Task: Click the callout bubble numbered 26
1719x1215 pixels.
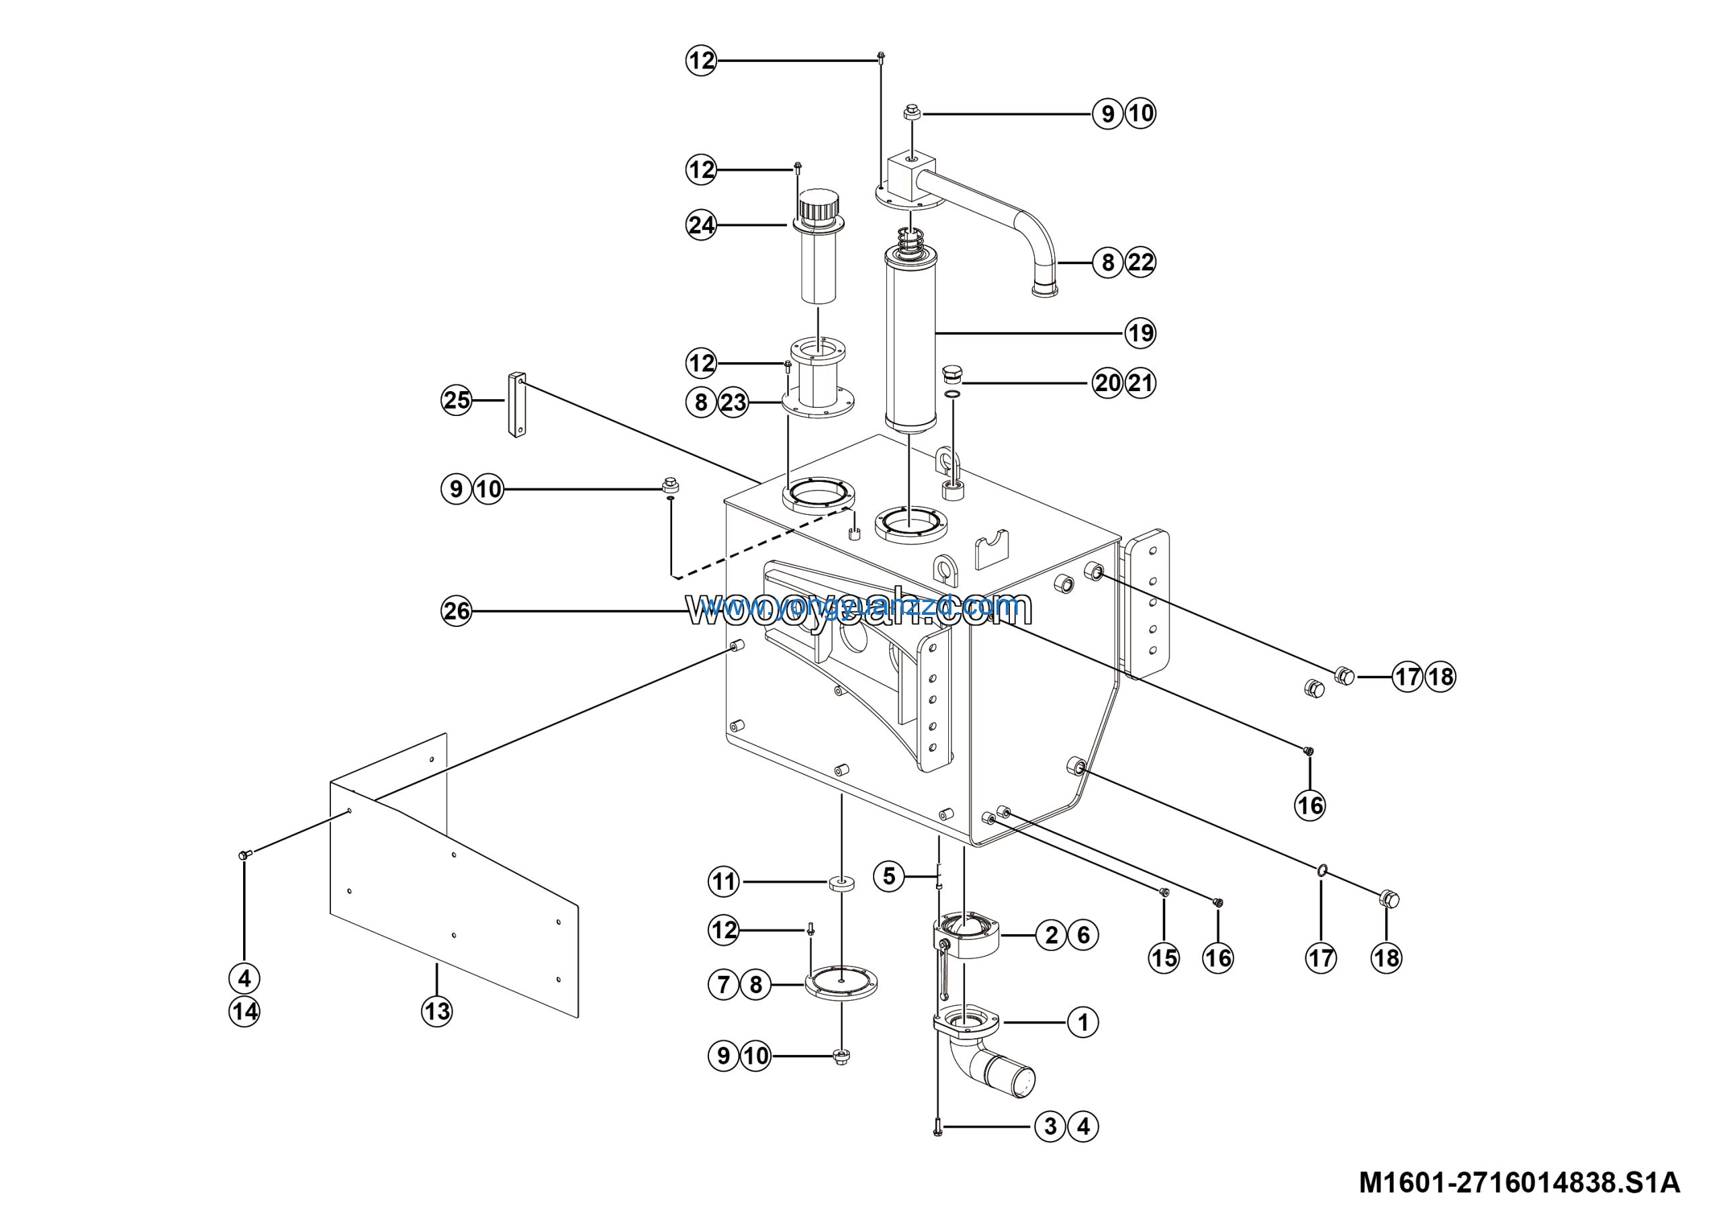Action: pyautogui.click(x=456, y=612)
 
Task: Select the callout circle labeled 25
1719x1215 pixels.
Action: pyautogui.click(x=456, y=400)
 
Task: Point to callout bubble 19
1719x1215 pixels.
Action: pyautogui.click(x=1140, y=333)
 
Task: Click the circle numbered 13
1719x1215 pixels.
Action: pyautogui.click(x=436, y=1011)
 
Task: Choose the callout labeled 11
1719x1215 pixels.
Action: pyautogui.click(x=723, y=882)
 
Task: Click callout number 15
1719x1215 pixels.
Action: pyautogui.click(x=1164, y=958)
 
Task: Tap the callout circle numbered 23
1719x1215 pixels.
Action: pyautogui.click(x=733, y=403)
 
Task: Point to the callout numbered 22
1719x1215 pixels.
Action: pyautogui.click(x=1140, y=262)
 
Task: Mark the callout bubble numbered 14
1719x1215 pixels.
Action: pyautogui.click(x=244, y=1012)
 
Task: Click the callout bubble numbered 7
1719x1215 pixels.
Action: pyautogui.click(x=723, y=984)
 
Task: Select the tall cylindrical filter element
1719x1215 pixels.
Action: pyautogui.click(x=911, y=341)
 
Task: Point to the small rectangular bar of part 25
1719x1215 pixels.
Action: pyautogui.click(x=516, y=405)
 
